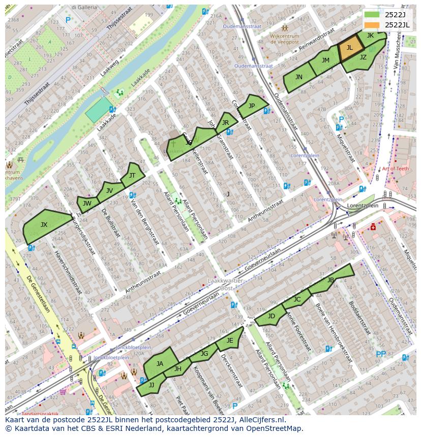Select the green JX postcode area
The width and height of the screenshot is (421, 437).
click(x=45, y=225)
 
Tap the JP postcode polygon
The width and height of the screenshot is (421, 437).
click(x=252, y=106)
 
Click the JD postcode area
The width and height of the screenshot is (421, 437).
click(x=271, y=316)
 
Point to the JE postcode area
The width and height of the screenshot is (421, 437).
click(x=230, y=341)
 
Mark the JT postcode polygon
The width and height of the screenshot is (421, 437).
click(x=133, y=175)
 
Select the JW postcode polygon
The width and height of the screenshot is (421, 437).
click(x=87, y=204)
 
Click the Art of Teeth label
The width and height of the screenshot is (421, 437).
click(x=395, y=169)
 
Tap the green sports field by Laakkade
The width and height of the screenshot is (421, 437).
click(x=99, y=110)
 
